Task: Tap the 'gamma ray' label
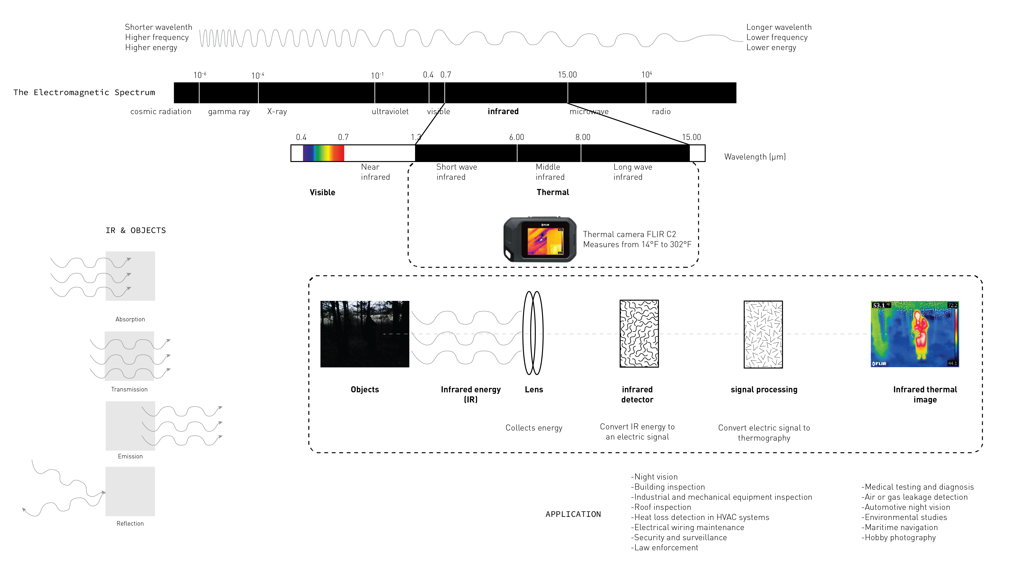(229, 112)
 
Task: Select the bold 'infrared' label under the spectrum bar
(503, 111)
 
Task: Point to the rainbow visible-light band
(323, 153)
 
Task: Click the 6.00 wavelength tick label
(516, 137)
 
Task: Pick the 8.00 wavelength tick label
(582, 137)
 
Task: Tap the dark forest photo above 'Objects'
(365, 334)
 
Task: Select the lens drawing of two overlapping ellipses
(533, 333)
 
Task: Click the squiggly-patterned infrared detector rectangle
(639, 334)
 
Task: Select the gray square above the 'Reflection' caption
(130, 491)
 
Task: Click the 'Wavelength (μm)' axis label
(754, 157)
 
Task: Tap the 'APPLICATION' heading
(573, 514)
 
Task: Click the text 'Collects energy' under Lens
(534, 428)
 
